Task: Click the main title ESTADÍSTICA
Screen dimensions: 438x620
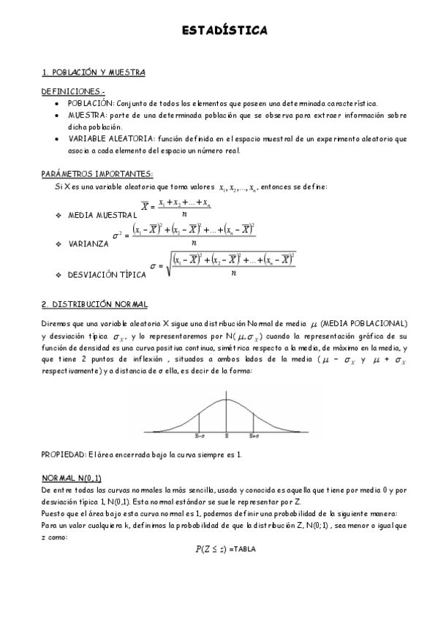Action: [x=224, y=31]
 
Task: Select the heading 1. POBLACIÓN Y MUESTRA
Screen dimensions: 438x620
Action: [x=93, y=72]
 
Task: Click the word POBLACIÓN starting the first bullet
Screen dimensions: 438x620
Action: [x=86, y=104]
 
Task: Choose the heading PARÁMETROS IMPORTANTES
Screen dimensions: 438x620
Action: [x=97, y=174]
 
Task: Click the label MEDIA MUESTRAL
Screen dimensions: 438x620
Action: [x=102, y=216]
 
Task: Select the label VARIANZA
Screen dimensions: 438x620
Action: [x=85, y=243]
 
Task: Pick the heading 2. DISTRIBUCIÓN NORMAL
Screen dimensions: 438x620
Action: [x=94, y=304]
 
